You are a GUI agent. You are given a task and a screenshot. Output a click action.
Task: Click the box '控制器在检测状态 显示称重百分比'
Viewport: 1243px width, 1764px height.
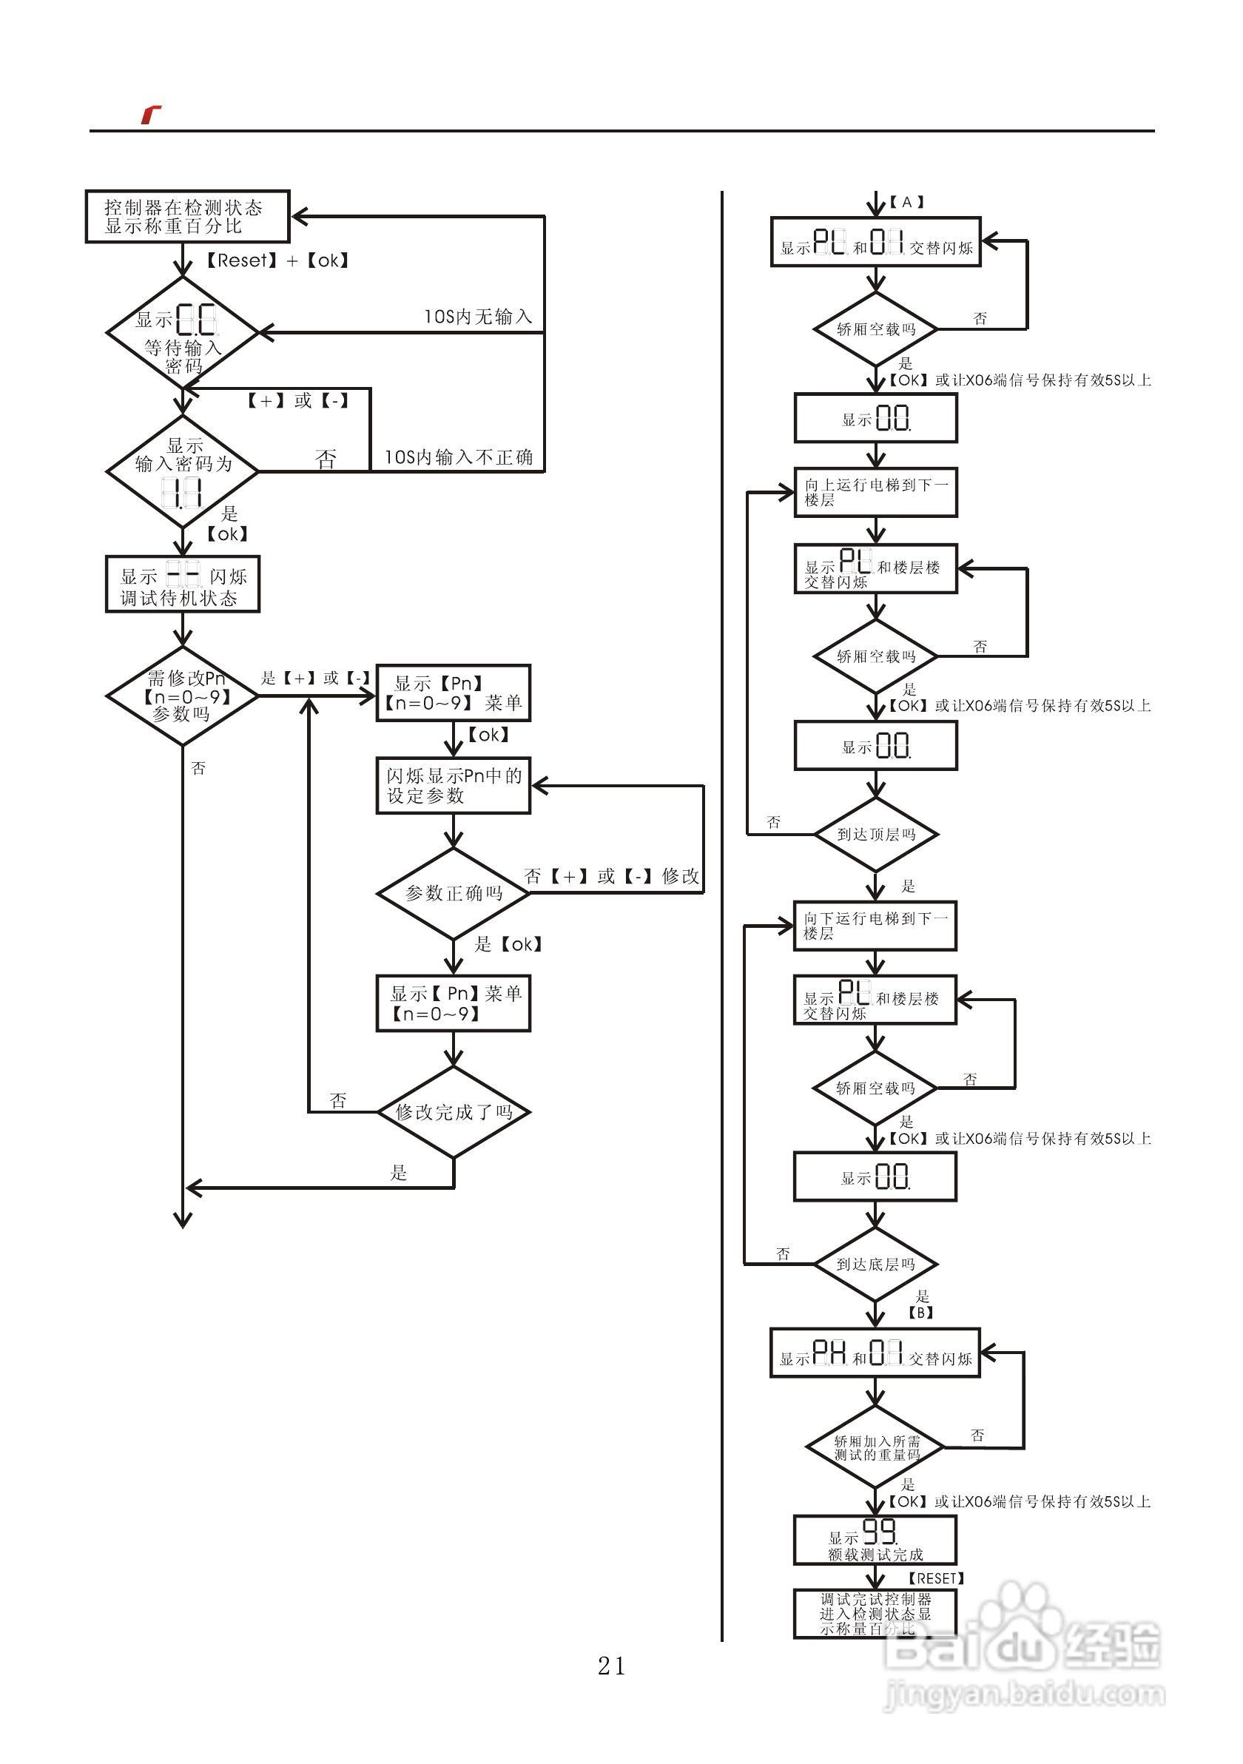click(x=186, y=217)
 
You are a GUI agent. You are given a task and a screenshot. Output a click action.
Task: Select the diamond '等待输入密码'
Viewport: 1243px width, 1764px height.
click(x=182, y=334)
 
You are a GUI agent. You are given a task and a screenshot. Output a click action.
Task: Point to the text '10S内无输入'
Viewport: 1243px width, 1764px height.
click(x=478, y=317)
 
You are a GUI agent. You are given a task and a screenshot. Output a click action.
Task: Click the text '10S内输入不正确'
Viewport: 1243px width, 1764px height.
click(x=459, y=457)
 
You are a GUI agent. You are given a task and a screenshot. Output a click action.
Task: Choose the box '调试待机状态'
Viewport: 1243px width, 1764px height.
click(x=182, y=585)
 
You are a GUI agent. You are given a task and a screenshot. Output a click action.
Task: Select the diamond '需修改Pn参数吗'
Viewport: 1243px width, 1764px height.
click(x=182, y=696)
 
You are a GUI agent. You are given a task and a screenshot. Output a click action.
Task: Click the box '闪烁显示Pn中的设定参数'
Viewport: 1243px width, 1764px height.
click(x=454, y=785)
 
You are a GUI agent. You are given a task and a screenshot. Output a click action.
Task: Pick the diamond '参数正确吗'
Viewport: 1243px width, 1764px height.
click(x=454, y=893)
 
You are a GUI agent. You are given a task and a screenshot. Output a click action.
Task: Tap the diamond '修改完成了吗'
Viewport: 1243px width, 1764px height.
click(x=454, y=1111)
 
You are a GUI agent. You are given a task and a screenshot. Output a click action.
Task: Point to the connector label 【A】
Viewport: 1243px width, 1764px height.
click(x=907, y=202)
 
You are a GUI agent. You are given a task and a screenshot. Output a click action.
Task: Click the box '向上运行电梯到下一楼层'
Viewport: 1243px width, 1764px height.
click(x=876, y=493)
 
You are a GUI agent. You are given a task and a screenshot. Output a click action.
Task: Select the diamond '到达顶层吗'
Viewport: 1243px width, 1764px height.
click(x=876, y=835)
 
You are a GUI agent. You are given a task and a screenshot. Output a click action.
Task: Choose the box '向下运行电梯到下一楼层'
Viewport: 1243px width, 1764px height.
click(x=875, y=926)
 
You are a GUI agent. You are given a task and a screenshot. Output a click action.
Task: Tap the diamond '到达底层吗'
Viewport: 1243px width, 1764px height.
click(x=876, y=1264)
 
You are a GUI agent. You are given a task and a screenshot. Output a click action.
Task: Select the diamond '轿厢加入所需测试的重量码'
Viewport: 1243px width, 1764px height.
click(x=876, y=1448)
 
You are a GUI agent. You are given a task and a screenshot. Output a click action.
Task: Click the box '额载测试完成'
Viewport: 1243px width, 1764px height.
click(x=875, y=1541)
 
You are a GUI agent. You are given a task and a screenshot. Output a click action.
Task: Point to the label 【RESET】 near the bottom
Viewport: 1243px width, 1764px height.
click(x=936, y=1578)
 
